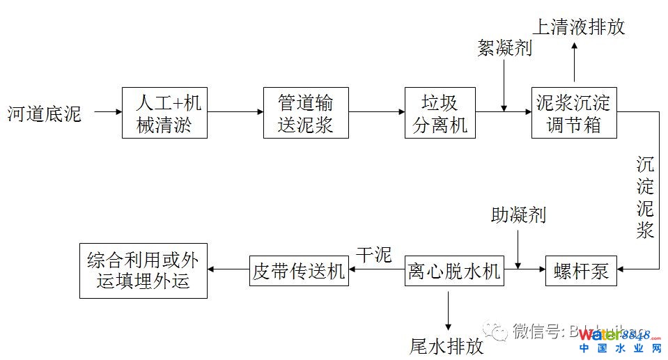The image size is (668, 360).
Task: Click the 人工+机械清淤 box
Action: click(164, 113)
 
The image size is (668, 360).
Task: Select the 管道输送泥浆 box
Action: click(306, 113)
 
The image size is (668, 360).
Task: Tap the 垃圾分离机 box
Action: click(440, 113)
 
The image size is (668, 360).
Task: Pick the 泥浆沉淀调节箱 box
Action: click(573, 113)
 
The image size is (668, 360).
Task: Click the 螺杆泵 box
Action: click(581, 271)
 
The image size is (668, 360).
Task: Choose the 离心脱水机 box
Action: click(453, 271)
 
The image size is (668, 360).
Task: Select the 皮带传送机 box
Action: click(299, 271)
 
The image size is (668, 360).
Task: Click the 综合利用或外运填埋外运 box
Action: click(143, 270)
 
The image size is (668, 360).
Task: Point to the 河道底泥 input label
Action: click(45, 113)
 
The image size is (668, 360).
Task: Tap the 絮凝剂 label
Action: click(504, 47)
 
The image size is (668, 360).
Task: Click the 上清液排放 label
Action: click(579, 26)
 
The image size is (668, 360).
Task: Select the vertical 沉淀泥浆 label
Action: click(645, 197)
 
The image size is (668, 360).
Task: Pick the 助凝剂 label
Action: click(518, 215)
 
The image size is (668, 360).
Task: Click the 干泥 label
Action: click(373, 255)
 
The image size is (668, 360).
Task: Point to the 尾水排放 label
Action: click(446, 346)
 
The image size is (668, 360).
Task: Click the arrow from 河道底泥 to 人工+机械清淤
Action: click(107, 111)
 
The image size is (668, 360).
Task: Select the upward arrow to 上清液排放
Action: click(574, 64)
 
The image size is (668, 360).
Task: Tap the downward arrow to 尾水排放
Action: click(447, 309)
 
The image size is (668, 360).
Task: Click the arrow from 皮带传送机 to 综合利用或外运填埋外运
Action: click(228, 271)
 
